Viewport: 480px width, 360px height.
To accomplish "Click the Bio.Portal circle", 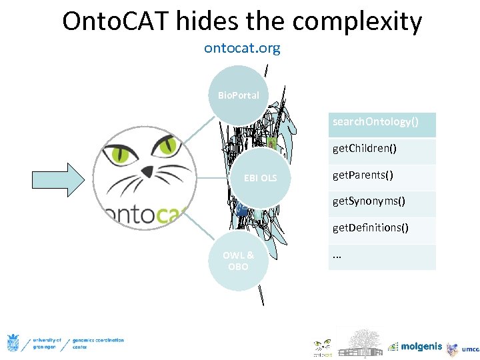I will [x=238, y=95].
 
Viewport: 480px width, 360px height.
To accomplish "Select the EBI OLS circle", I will [x=260, y=178].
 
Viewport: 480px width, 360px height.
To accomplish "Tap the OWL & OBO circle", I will [x=238, y=261].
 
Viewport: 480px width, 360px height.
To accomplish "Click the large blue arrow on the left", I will [x=57, y=178].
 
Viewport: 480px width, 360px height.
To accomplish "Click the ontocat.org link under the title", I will [x=242, y=49].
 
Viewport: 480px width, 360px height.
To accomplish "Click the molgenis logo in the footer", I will [x=415, y=347].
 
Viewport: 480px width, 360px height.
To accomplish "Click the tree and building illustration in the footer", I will [x=360, y=341].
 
